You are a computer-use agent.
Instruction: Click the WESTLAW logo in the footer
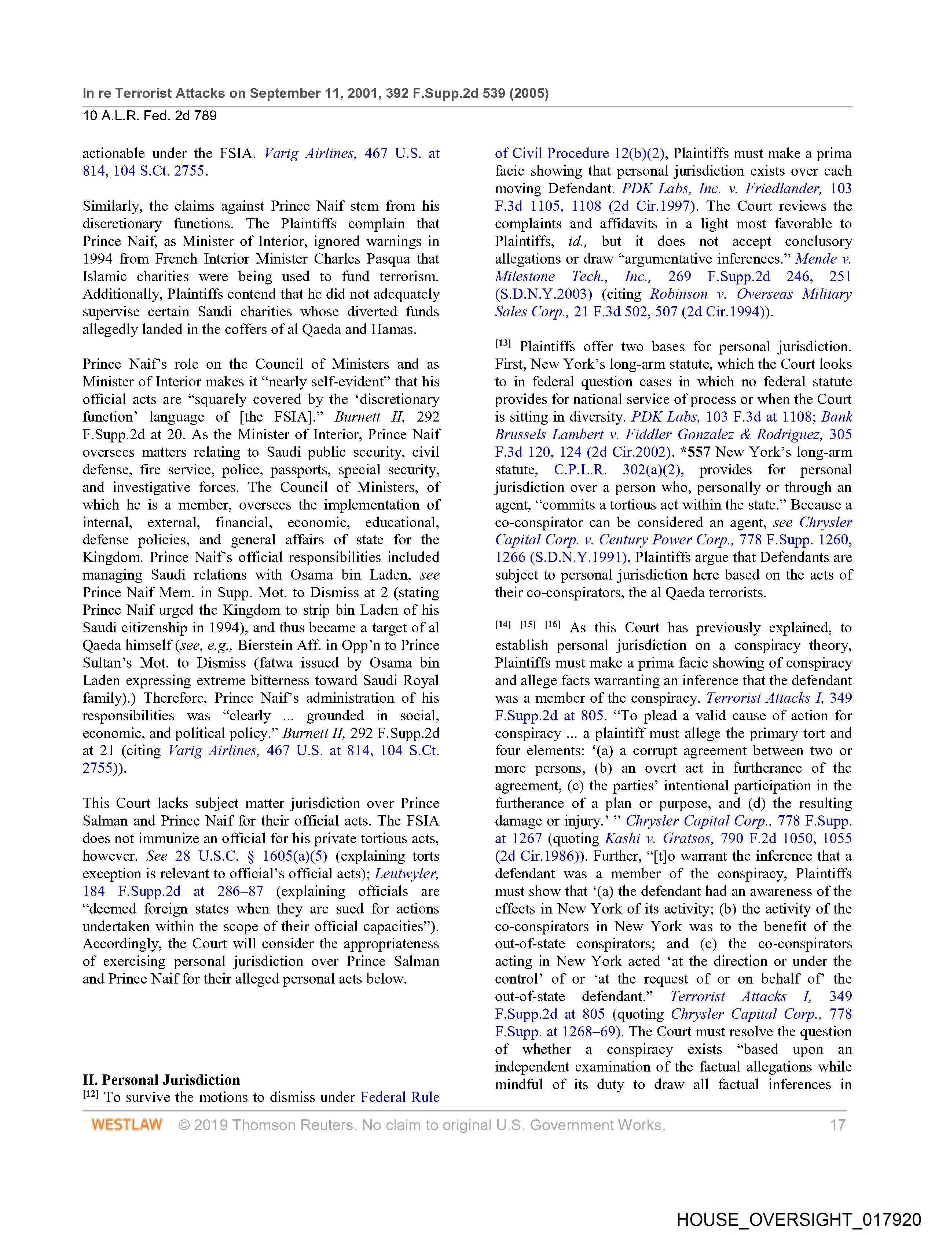(x=127, y=1124)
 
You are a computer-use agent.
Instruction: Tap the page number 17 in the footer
(x=837, y=1124)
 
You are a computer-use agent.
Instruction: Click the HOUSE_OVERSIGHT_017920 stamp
(x=799, y=1219)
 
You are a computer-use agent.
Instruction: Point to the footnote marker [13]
(x=503, y=344)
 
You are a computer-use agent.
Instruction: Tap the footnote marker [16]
(x=553, y=625)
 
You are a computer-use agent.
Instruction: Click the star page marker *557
(x=695, y=452)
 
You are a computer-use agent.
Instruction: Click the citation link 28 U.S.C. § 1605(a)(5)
(x=251, y=856)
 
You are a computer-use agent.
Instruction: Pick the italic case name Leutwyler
(x=407, y=873)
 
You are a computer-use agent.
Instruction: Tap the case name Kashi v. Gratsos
(x=659, y=838)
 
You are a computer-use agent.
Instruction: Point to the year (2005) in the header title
(x=528, y=93)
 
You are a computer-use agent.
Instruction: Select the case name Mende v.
(x=823, y=258)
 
